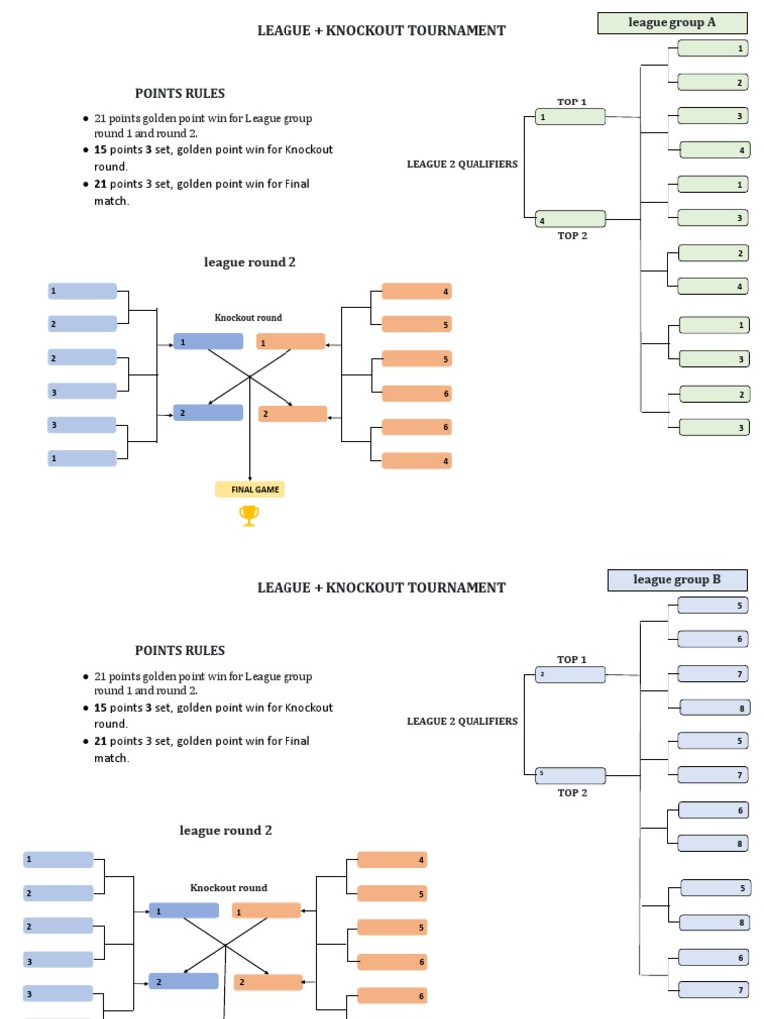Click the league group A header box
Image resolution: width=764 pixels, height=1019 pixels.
[671, 23]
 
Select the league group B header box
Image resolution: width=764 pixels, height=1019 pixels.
[676, 580]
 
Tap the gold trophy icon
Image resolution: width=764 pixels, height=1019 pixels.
[249, 515]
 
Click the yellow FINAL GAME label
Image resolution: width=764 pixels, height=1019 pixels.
[250, 489]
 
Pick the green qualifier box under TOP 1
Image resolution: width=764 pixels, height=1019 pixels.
[570, 117]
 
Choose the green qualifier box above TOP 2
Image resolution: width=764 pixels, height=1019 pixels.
[570, 219]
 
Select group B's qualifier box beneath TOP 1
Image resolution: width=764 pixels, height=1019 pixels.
[570, 675]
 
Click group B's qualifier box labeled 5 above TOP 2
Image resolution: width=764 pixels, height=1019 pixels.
[570, 775]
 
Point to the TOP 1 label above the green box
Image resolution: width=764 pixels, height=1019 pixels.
[572, 102]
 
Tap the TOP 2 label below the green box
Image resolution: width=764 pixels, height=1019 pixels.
[572, 236]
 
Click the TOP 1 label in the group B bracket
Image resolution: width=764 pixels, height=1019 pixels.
[572, 659]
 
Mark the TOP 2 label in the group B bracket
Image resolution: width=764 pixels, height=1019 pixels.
[572, 793]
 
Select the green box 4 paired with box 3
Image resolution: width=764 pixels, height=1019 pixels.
[713, 150]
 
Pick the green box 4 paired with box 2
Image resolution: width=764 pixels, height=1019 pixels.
[713, 286]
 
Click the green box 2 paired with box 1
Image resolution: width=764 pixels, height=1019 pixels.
[713, 82]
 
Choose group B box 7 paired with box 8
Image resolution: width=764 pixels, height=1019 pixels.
[713, 674]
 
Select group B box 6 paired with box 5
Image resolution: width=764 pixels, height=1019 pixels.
[713, 639]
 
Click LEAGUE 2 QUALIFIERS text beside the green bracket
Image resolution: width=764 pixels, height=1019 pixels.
[462, 164]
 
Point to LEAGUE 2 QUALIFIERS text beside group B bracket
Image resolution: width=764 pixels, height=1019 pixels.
[462, 721]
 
